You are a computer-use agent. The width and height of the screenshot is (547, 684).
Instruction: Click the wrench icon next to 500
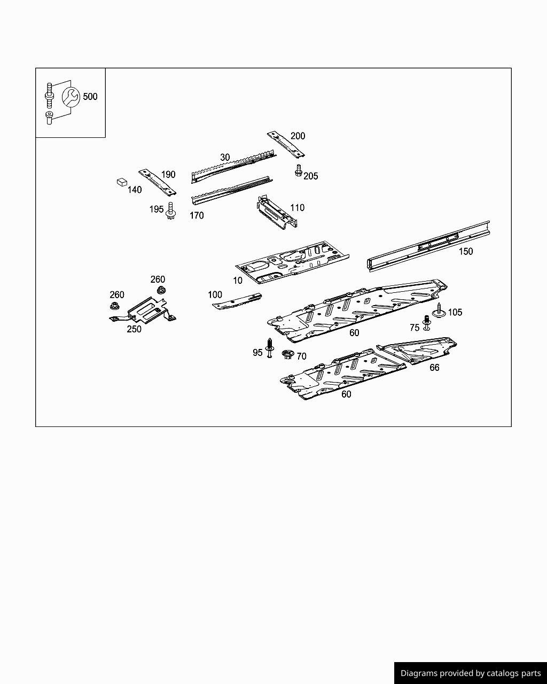(x=71, y=97)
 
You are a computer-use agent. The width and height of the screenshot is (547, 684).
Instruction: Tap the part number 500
(x=90, y=97)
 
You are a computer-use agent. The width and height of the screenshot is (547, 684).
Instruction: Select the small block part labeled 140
(x=122, y=182)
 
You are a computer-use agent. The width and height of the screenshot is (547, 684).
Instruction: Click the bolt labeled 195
(x=171, y=212)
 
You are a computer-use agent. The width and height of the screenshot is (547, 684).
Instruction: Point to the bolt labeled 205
(x=299, y=170)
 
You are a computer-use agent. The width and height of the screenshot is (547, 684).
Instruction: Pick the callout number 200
(x=298, y=136)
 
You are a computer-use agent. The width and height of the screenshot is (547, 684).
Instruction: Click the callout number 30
(x=225, y=157)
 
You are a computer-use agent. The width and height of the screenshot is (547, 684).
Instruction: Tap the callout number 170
(x=197, y=215)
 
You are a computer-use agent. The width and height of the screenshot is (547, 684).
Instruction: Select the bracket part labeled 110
(x=277, y=212)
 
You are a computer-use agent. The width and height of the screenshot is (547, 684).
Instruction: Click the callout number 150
(x=466, y=251)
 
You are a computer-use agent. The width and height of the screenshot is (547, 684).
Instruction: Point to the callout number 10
(x=238, y=281)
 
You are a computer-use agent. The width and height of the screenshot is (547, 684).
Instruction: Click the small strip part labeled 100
(x=237, y=301)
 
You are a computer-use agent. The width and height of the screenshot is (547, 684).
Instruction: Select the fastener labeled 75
(x=426, y=323)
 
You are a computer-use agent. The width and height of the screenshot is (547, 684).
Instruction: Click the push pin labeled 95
(x=270, y=348)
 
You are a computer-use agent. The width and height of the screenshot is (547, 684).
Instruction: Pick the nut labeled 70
(x=288, y=354)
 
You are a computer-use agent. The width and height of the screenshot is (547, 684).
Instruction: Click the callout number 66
(x=434, y=368)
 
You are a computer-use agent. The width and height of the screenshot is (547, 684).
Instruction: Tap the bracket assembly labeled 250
(x=143, y=310)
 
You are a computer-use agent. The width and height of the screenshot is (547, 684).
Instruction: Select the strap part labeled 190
(x=158, y=182)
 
